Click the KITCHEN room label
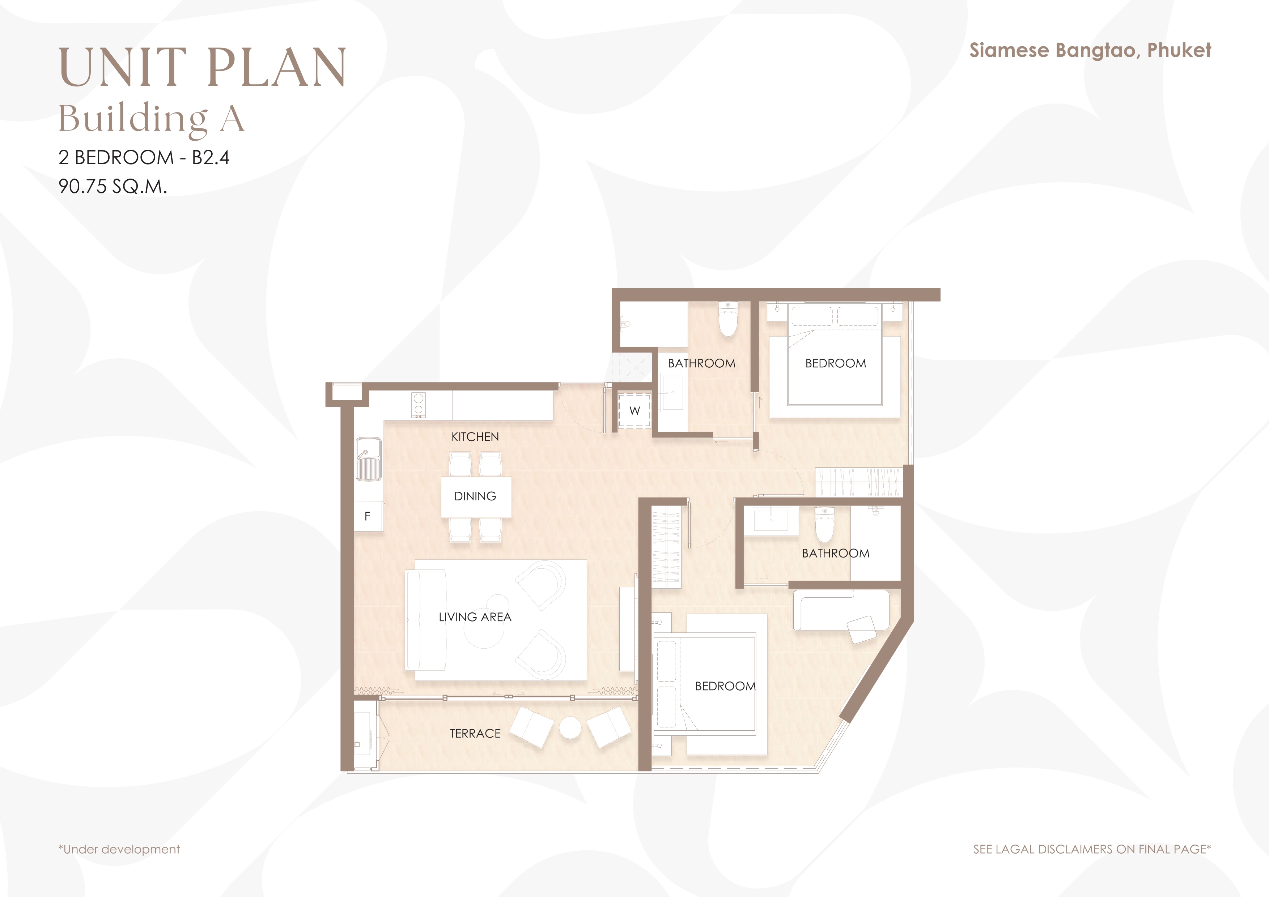tap(475, 437)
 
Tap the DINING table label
tap(475, 496)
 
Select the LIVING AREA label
tap(475, 617)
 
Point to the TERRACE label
tap(475, 734)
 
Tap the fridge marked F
tap(368, 516)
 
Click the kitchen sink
tap(369, 459)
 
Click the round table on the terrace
tap(570, 728)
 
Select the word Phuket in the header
tap(1179, 50)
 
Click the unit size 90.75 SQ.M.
tap(113, 186)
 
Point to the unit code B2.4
tap(211, 157)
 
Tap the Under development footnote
tap(119, 849)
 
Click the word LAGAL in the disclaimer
tap(1017, 849)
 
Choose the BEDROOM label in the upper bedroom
tap(835, 363)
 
